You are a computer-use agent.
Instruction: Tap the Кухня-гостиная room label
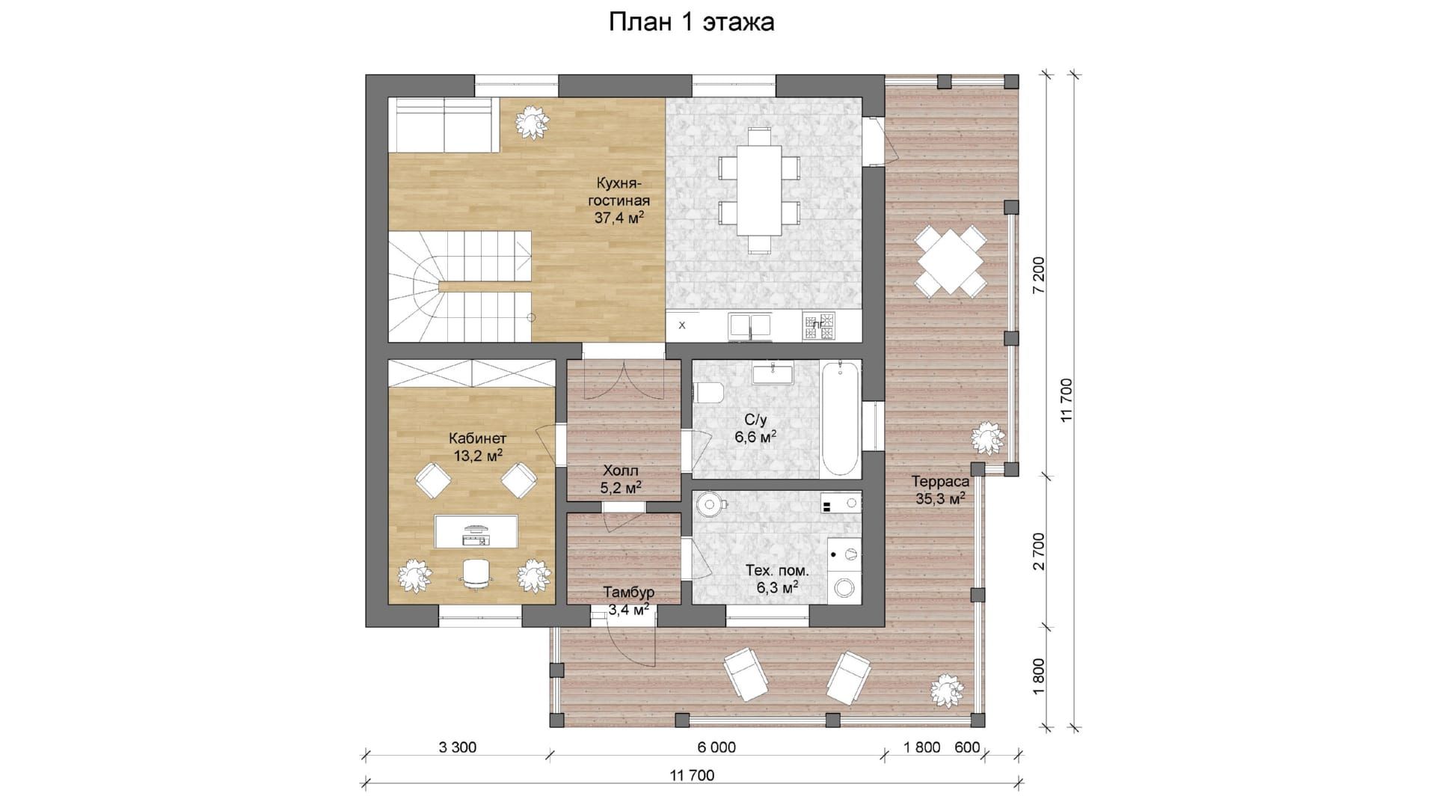point(619,201)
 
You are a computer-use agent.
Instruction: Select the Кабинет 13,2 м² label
point(477,447)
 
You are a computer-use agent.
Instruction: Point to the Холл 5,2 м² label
point(621,479)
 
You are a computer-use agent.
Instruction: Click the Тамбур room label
point(628,601)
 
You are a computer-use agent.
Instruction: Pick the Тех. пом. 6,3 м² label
point(777,579)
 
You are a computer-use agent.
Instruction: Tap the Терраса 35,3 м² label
point(940,490)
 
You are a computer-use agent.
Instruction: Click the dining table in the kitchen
point(759,190)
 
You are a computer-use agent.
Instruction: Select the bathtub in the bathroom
point(840,419)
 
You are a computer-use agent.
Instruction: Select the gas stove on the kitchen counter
point(820,325)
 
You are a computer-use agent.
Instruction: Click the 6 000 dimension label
point(716,747)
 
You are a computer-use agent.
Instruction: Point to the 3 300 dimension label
point(456,747)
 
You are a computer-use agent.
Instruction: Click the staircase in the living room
point(458,286)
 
